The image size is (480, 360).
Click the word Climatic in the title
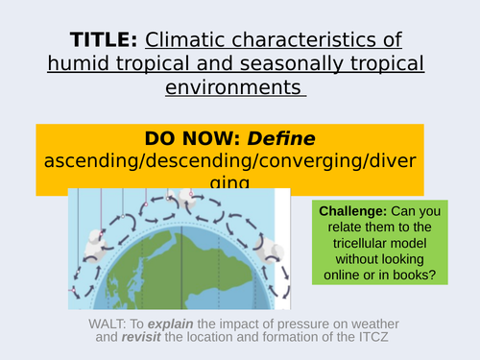[x=186, y=40]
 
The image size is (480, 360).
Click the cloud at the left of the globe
[x=97, y=245]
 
